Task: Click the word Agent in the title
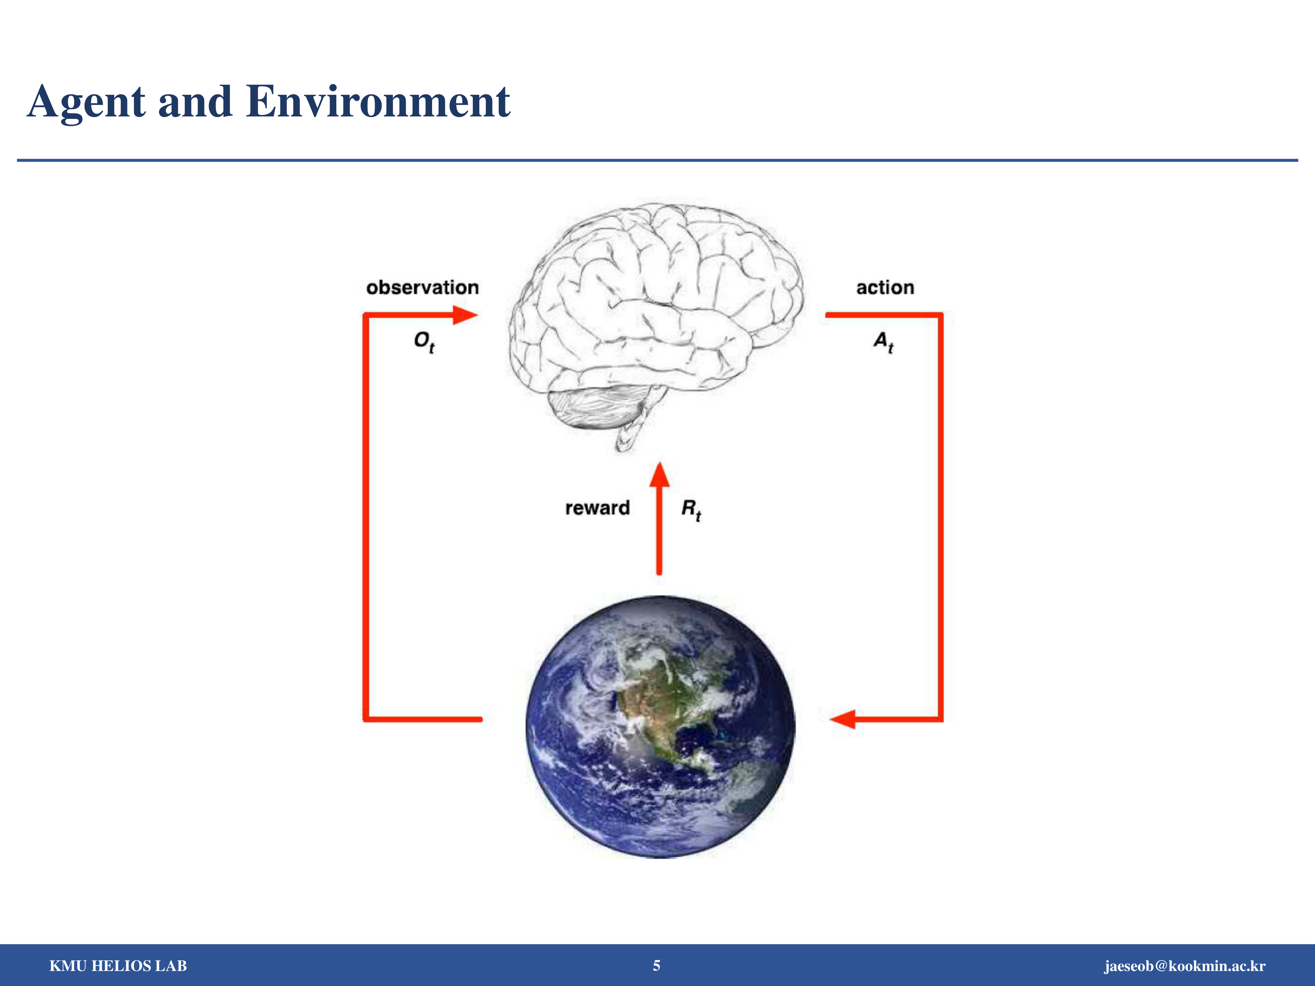tap(86, 102)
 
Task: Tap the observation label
tap(422, 288)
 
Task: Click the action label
tap(885, 288)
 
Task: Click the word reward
tap(597, 508)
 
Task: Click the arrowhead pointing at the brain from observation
tap(465, 315)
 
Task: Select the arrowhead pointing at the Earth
tap(843, 719)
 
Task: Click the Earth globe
tap(660, 727)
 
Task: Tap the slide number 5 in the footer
tap(656, 965)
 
